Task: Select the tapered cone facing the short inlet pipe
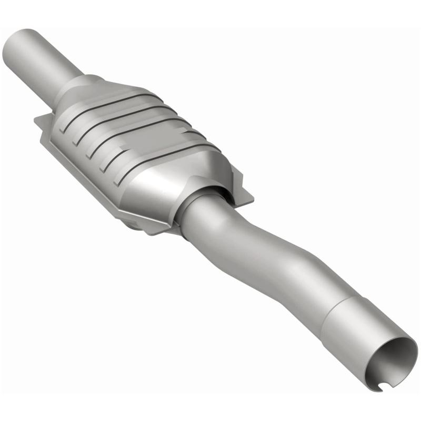coord(79,92)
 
